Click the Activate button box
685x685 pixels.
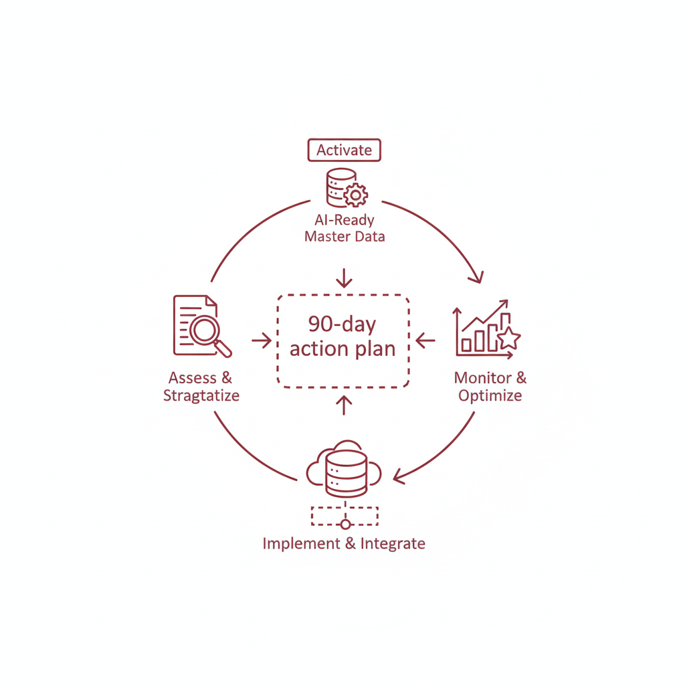point(345,150)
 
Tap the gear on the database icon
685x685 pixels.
point(356,195)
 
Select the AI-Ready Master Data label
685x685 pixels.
point(345,228)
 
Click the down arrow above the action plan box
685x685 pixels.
point(345,278)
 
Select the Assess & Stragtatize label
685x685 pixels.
point(201,387)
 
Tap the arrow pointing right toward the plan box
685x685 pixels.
point(262,340)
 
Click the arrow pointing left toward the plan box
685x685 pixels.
point(425,340)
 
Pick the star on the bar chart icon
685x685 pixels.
point(509,338)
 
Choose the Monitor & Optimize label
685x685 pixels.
point(490,387)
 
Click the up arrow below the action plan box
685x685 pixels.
point(345,405)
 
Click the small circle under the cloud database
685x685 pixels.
point(346,524)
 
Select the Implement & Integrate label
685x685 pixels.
point(344,543)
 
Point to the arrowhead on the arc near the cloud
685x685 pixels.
point(399,476)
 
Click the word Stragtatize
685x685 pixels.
point(201,395)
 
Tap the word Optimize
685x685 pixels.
point(490,395)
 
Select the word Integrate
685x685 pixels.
point(393,543)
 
